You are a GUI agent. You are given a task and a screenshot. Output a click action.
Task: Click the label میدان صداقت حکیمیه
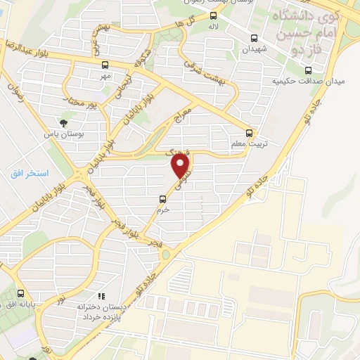(x=308, y=82)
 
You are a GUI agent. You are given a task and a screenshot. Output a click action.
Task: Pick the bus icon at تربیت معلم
(x=250, y=132)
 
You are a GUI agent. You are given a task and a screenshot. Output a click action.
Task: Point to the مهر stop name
(x=105, y=76)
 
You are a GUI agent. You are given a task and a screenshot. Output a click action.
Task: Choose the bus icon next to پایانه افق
(x=21, y=293)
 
